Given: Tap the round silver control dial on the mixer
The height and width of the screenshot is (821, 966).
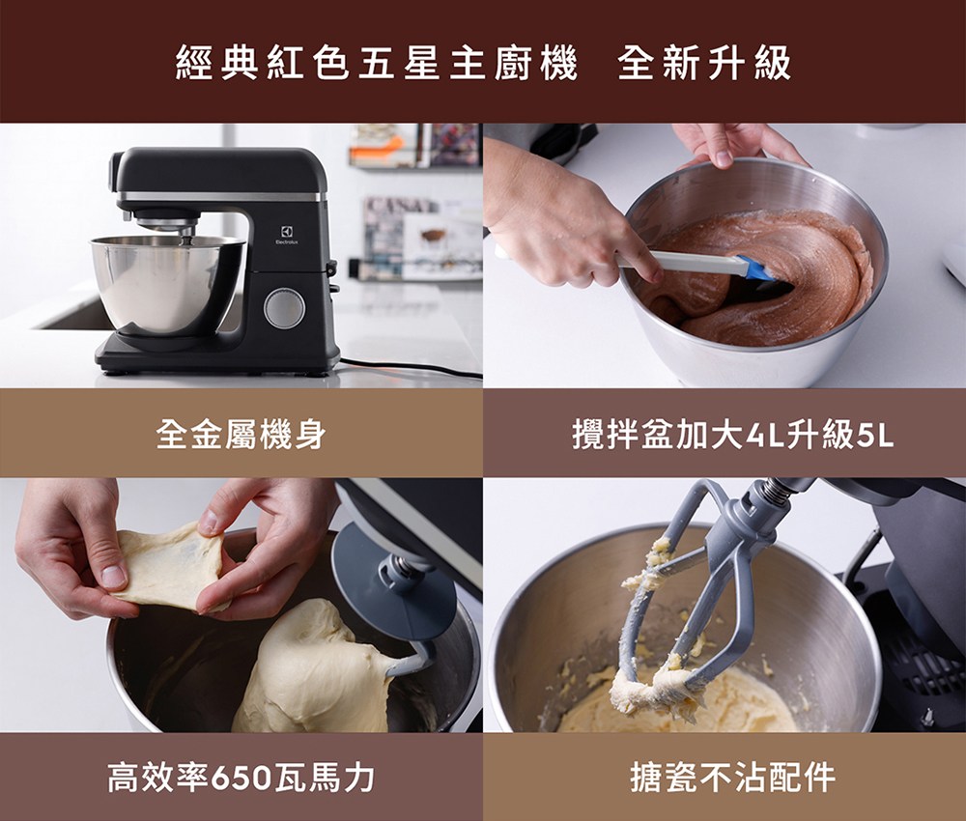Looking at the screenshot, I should [284, 308].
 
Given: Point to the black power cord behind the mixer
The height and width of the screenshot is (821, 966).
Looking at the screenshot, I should [406, 366].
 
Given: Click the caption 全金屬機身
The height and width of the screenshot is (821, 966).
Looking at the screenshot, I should [241, 435].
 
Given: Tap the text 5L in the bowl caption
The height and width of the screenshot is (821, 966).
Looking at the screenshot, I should [874, 435].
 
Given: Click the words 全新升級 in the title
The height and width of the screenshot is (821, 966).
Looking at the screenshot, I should [704, 63].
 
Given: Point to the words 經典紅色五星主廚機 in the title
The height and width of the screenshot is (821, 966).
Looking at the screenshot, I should [377, 63].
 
